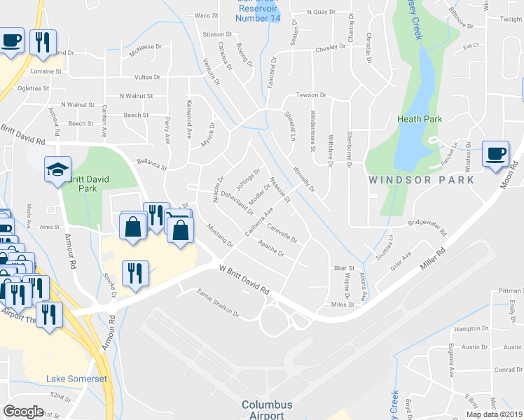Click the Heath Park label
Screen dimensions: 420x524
420,119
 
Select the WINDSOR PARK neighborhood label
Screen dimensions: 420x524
422,180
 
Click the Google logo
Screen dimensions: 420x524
24,412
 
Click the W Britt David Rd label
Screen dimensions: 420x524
244,279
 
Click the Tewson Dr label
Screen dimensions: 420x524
312,94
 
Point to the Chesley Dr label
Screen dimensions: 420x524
331,49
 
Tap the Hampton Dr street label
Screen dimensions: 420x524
471,328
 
